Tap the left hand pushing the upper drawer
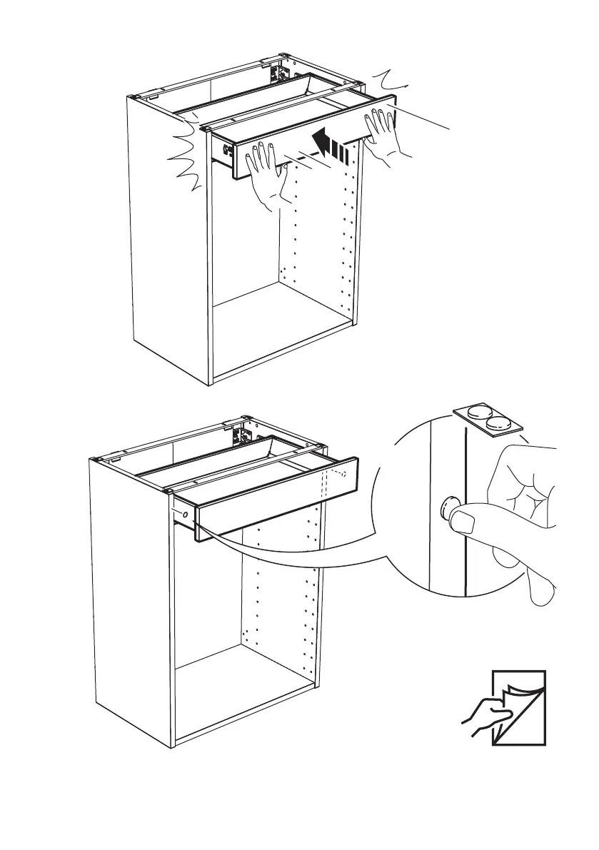[x=271, y=178]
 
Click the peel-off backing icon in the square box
[x=519, y=708]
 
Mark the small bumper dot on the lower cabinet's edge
[x=185, y=514]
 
